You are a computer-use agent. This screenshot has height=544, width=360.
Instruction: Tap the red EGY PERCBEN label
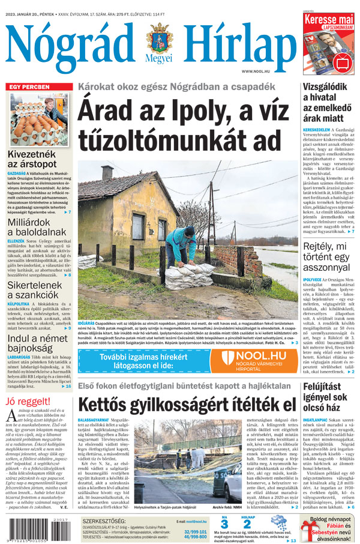click(x=29, y=88)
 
